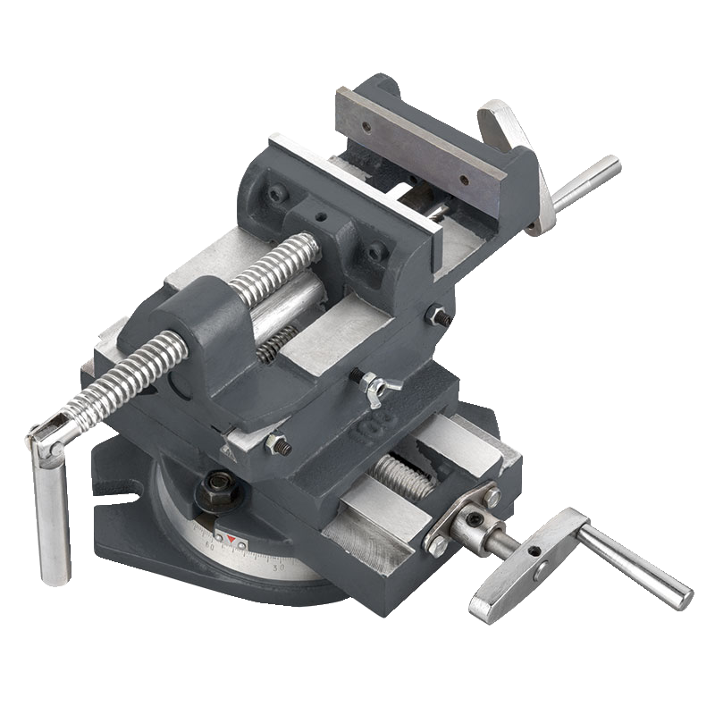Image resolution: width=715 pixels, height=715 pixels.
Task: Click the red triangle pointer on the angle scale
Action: (233, 540)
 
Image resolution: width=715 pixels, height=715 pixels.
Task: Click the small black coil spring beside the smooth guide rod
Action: (279, 345)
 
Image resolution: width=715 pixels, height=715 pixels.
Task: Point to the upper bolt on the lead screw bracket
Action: (492, 492)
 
